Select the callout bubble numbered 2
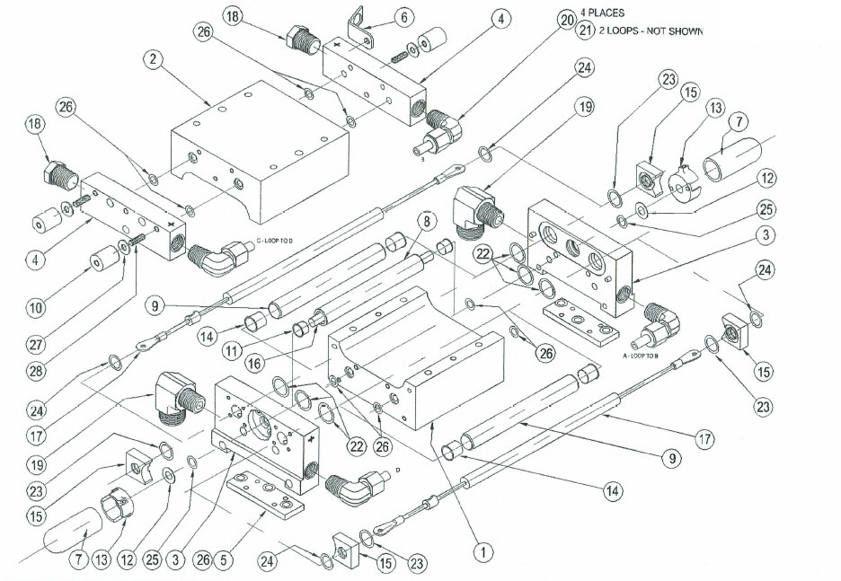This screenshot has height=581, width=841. click(155, 60)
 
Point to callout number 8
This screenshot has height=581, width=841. click(426, 220)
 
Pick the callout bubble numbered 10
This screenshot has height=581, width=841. click(35, 308)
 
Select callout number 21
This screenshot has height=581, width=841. click(586, 31)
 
